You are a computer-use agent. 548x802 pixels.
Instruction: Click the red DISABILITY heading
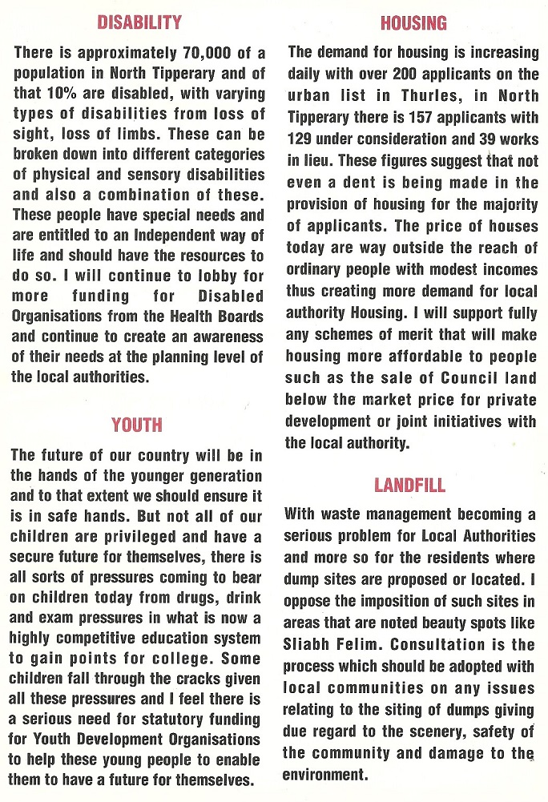[x=139, y=22]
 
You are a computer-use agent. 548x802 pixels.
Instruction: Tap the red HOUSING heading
[x=413, y=22]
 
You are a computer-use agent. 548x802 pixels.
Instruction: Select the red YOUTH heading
[x=137, y=424]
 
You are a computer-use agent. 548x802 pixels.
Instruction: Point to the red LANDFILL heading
[x=409, y=485]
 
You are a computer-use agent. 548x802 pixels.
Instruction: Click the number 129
[x=302, y=138]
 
